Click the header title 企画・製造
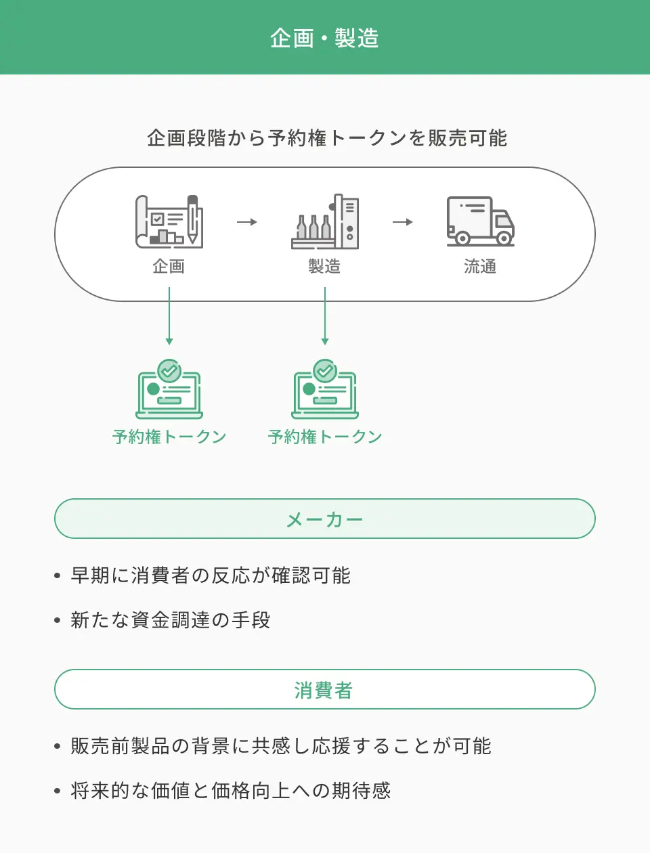(324, 38)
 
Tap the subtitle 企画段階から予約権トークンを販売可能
(326, 138)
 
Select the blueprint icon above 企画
(169, 221)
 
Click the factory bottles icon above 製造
(325, 222)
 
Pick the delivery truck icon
(480, 221)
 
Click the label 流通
(480, 267)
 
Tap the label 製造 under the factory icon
(324, 267)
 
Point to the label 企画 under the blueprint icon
(169, 267)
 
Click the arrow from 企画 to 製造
(247, 222)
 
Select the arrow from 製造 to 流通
(403, 222)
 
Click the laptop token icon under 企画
(169, 393)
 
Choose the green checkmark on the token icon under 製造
(325, 370)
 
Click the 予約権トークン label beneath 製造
(325, 437)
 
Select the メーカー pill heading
(325, 519)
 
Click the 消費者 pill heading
(325, 690)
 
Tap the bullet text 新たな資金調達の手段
(171, 620)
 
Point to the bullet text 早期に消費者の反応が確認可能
(211, 575)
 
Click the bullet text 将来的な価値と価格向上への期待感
(231, 791)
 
